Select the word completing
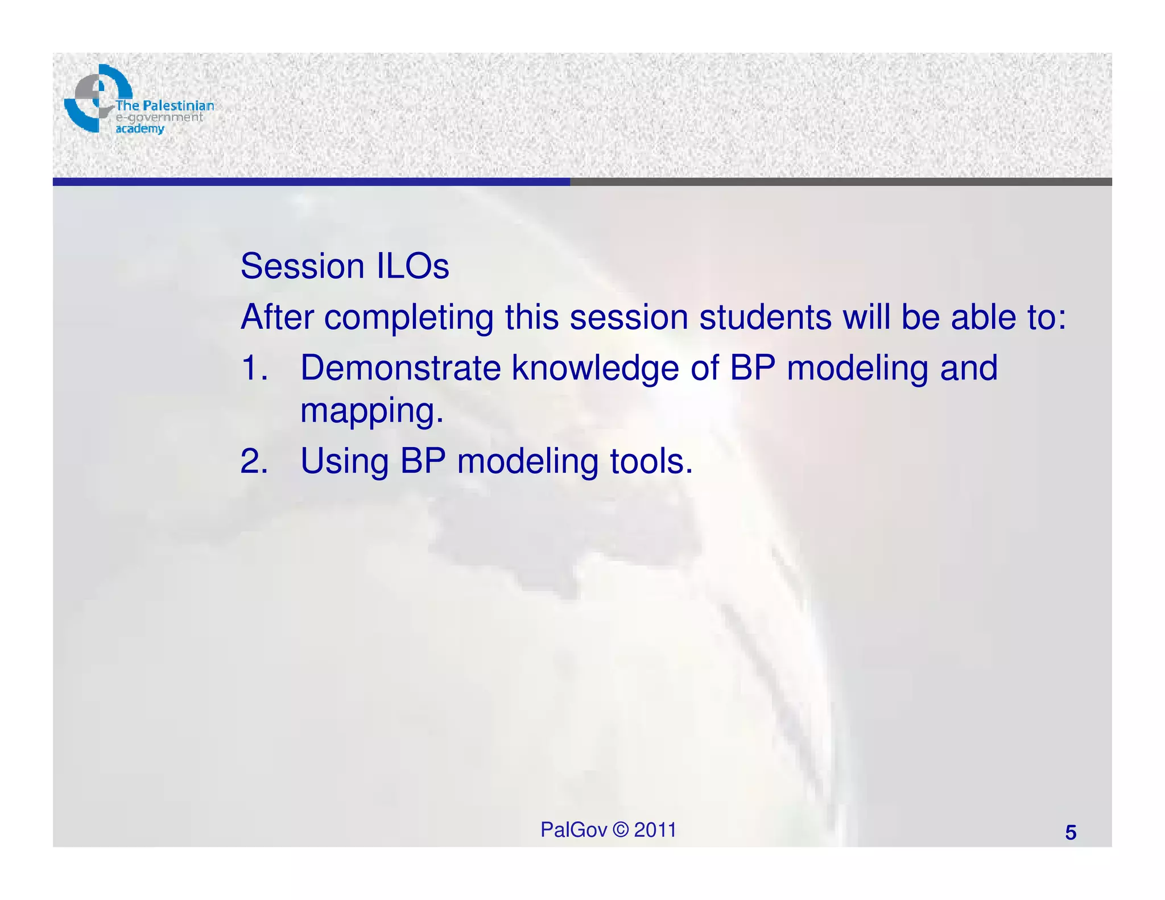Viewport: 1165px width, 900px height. click(x=408, y=317)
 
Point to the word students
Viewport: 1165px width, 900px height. click(x=765, y=317)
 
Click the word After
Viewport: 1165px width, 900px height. click(x=276, y=317)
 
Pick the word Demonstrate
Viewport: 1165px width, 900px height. click(x=400, y=368)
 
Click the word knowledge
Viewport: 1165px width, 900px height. click(x=595, y=368)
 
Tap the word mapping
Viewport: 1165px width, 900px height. click(x=371, y=411)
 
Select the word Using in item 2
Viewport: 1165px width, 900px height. click(x=344, y=461)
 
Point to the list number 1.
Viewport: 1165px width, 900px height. click(x=254, y=368)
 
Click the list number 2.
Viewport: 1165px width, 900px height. click(x=254, y=461)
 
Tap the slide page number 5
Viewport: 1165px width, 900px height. click(x=1071, y=833)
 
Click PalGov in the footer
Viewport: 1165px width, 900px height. click(x=573, y=830)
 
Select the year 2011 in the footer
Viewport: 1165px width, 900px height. click(x=655, y=830)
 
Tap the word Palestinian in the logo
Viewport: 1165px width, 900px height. click(x=179, y=106)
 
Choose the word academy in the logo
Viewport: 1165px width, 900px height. click(x=140, y=129)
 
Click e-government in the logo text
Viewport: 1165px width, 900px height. click(x=159, y=117)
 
